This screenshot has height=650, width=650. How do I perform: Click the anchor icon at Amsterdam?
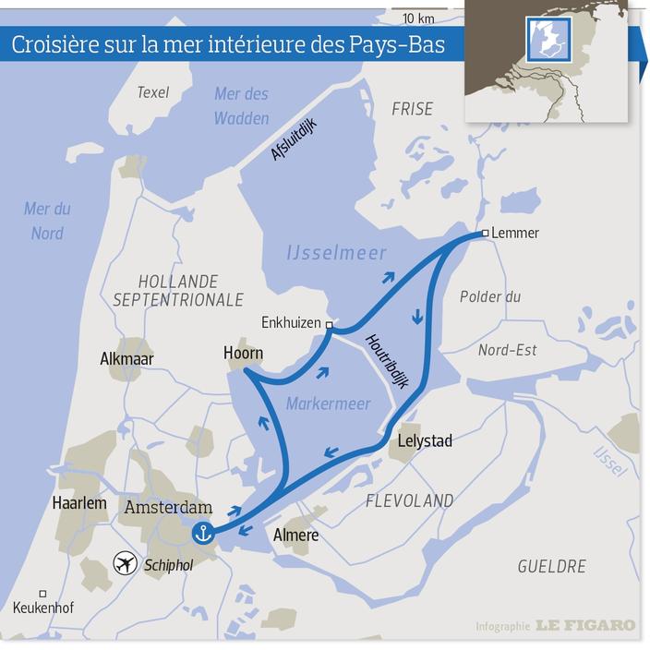click(x=203, y=533)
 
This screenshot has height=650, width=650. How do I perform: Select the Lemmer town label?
click(x=515, y=233)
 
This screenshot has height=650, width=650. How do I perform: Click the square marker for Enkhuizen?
click(x=330, y=324)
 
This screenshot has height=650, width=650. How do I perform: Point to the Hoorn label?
click(x=243, y=354)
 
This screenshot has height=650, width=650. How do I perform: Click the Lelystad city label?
click(x=425, y=440)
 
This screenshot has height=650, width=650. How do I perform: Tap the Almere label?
click(x=296, y=536)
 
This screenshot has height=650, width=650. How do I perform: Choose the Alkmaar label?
click(x=126, y=359)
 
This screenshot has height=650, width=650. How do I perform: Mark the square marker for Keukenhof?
click(x=42, y=594)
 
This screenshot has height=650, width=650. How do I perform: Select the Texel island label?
click(x=154, y=91)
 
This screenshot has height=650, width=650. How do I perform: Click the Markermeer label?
click(x=328, y=404)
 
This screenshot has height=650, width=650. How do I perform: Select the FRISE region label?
click(x=412, y=109)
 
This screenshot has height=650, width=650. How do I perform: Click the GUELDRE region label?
click(x=551, y=566)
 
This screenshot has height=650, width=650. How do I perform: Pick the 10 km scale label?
click(x=418, y=18)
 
